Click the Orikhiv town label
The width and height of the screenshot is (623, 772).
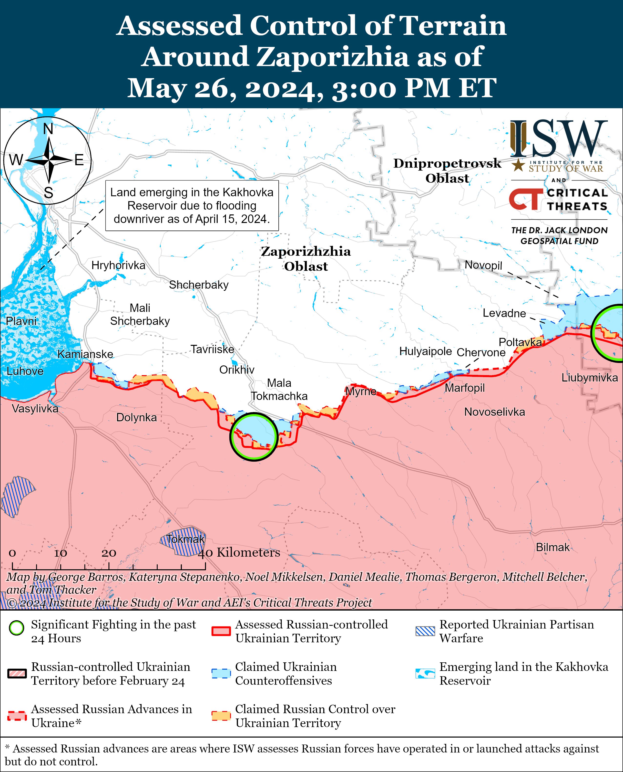[x=237, y=370]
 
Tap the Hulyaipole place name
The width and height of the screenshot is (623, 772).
[x=425, y=351]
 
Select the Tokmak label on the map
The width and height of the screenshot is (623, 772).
[x=185, y=539]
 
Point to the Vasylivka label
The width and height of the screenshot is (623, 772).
[x=35, y=409]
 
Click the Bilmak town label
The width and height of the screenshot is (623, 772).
[x=553, y=547]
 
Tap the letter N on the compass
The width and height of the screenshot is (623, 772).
[x=48, y=128]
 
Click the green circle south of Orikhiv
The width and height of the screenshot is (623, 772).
[x=254, y=437]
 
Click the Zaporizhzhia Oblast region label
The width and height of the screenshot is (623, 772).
[x=306, y=259]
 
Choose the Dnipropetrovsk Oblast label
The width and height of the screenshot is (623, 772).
[x=447, y=170]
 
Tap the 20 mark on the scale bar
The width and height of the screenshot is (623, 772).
[x=109, y=553]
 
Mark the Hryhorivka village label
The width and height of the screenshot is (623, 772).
[x=118, y=265]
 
